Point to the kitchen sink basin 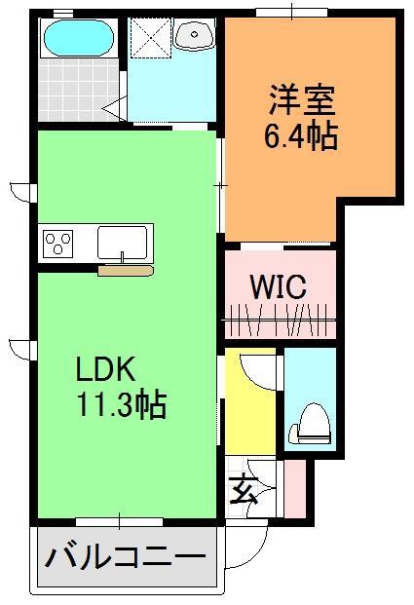(x=122, y=240)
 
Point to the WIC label (x=279, y=287)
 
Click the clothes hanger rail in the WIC (x=280, y=318)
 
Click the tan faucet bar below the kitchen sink (x=124, y=269)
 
